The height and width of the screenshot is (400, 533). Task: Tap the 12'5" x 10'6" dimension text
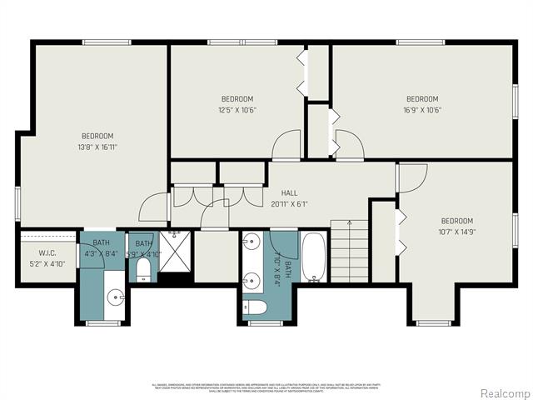point(237,108)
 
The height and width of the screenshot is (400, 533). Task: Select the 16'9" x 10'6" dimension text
point(422,108)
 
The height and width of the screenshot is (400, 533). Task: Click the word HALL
point(289,193)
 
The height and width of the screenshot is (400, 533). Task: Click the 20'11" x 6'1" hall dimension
point(289,203)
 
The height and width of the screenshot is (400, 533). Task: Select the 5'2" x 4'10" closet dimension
point(47,264)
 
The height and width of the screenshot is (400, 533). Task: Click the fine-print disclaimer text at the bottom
point(266,387)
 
